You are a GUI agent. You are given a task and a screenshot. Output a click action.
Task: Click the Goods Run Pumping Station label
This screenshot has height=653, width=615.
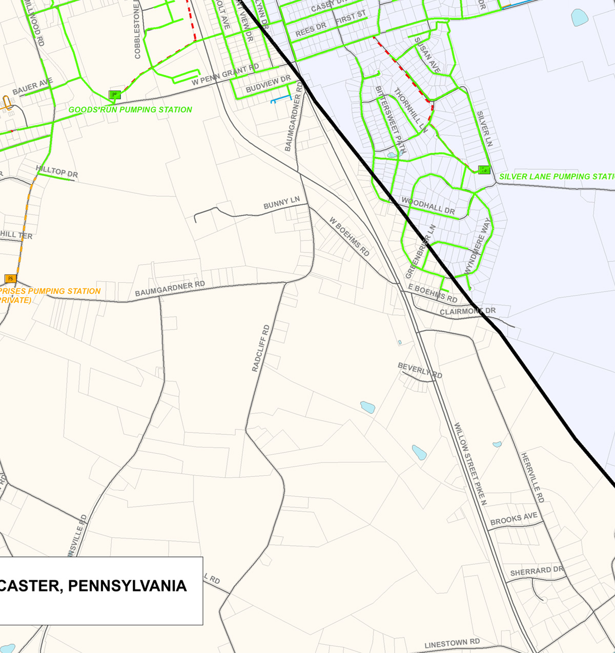coord(130,110)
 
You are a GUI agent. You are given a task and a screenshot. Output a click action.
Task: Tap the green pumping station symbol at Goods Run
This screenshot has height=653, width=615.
coord(115,95)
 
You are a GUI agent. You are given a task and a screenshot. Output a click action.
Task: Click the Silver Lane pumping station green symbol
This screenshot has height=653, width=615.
coord(484,170)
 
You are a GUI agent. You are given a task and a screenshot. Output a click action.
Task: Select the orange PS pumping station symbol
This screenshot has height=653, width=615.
coord(10,279)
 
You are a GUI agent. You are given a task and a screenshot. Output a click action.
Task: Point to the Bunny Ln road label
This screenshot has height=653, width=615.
coord(281,203)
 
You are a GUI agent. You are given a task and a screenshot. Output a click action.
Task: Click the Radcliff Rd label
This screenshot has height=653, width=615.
coord(261,348)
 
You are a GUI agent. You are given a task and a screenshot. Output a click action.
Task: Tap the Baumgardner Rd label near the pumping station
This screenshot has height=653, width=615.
coord(170,289)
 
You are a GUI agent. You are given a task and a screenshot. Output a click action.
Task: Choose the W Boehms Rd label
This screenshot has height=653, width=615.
coord(349,237)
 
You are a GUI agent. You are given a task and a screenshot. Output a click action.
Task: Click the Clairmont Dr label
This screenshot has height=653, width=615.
coord(467,311)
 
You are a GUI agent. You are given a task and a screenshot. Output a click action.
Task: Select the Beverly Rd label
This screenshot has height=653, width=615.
coord(420,370)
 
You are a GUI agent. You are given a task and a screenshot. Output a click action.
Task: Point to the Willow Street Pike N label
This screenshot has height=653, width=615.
coord(470,464)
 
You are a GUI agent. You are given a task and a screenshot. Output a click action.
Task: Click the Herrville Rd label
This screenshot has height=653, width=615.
coord(532,477)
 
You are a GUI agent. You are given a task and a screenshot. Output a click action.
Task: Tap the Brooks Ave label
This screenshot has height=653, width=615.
coord(514,519)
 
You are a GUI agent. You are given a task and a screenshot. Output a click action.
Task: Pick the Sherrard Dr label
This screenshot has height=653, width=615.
coord(536,571)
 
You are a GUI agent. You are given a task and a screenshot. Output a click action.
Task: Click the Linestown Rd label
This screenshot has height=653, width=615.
coord(452,643)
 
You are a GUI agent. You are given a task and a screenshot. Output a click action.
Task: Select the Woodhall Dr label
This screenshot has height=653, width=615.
coord(428,206)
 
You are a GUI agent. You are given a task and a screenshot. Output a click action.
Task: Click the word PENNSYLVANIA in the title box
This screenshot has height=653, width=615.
coord(127,586)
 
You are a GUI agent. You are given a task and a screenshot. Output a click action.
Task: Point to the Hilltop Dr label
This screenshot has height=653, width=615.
coord(57,172)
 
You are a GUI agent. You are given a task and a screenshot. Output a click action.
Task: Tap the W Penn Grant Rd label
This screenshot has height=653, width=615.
coord(225,75)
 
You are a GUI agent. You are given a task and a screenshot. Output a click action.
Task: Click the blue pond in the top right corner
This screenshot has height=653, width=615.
coord(579,17)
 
